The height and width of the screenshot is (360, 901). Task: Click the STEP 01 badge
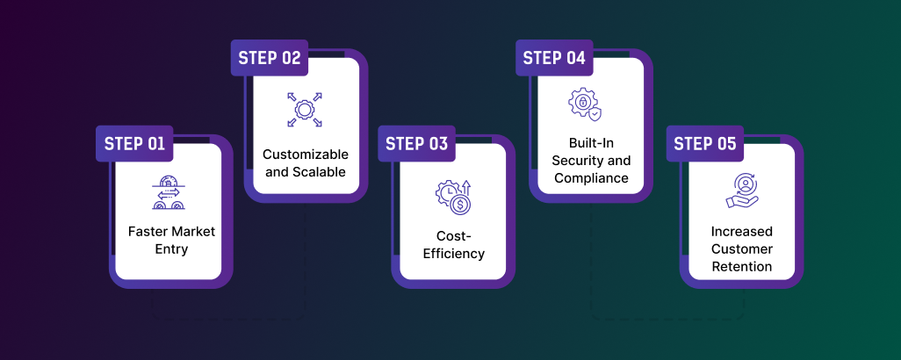(x=134, y=144)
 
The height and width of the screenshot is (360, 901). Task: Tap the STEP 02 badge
(x=270, y=59)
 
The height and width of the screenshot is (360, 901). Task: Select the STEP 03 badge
(x=416, y=144)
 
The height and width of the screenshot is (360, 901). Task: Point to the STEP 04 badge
(x=554, y=59)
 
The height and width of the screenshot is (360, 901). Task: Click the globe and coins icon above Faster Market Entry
(x=168, y=192)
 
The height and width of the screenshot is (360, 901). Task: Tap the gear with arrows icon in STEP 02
(x=305, y=110)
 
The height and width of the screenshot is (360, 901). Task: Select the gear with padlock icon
(x=584, y=104)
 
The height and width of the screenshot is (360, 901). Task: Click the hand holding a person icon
(x=742, y=191)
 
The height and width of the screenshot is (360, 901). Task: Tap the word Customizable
(x=306, y=155)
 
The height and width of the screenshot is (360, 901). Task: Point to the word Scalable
(x=320, y=172)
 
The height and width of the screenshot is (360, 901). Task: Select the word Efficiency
(x=453, y=254)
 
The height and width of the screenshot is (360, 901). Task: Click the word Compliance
(x=591, y=178)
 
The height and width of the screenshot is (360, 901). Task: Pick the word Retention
(x=742, y=266)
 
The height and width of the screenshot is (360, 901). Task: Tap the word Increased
(x=742, y=232)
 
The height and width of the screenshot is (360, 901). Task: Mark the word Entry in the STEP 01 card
(x=171, y=249)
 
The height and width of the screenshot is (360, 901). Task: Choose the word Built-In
(x=591, y=143)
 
